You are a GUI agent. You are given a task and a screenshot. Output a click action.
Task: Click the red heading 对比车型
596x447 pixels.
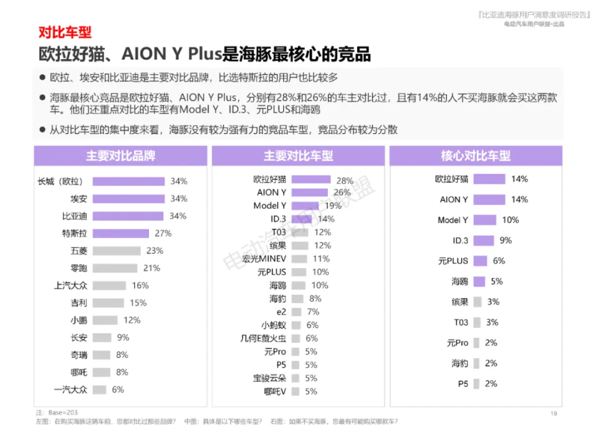coord(65,32)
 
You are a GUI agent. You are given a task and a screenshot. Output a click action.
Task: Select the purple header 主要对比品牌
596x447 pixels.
coord(120,156)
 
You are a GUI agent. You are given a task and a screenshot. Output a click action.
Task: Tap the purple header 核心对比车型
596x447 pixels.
coord(476,156)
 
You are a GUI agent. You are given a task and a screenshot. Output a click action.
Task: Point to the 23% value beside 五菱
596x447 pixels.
coord(154,251)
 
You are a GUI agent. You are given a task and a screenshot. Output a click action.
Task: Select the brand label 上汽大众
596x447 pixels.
coord(70,286)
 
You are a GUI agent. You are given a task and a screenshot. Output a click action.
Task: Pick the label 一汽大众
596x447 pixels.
coord(70,390)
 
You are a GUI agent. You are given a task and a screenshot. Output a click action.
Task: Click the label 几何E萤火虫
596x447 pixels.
coord(264,338)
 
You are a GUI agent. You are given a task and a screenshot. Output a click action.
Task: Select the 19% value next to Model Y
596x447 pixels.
coord(333,205)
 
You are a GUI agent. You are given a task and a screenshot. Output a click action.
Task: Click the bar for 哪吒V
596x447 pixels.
coord(296,391)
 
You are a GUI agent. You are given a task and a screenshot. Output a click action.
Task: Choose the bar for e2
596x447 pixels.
coord(296,312)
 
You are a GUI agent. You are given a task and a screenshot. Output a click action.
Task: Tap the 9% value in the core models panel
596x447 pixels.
coord(505,240)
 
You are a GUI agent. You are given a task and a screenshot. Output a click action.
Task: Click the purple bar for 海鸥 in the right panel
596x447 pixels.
coord(479,281)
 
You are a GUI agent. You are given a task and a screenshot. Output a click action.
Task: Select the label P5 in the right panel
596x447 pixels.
coord(463,384)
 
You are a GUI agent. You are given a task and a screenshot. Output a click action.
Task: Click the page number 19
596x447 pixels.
coord(554,413)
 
